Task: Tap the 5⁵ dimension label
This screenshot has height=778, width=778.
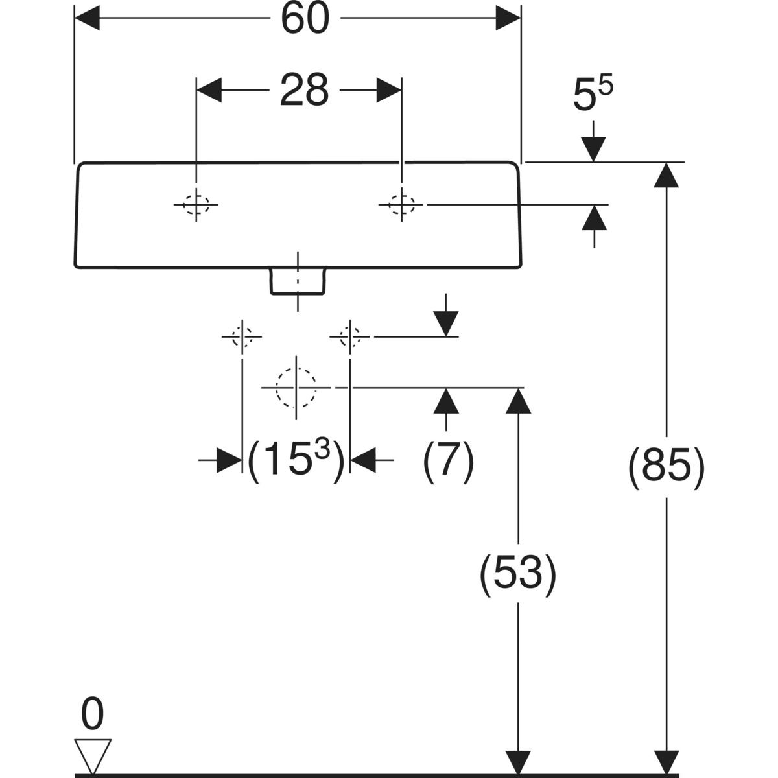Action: tap(593, 96)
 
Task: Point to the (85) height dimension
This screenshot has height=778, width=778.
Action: tap(666, 466)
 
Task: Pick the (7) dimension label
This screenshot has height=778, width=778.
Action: tap(448, 462)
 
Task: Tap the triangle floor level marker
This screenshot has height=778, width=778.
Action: tap(93, 755)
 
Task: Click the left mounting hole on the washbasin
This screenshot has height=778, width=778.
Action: tap(196, 205)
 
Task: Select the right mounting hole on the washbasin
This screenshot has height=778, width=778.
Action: tap(402, 205)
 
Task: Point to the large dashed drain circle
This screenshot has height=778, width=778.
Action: tap(296, 388)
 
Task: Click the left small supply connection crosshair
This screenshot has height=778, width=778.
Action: tap(242, 336)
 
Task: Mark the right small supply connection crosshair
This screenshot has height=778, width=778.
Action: tap(350, 336)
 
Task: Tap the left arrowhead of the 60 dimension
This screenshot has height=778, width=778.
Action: tap(88, 19)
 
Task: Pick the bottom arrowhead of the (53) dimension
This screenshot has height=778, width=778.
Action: tap(517, 762)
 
